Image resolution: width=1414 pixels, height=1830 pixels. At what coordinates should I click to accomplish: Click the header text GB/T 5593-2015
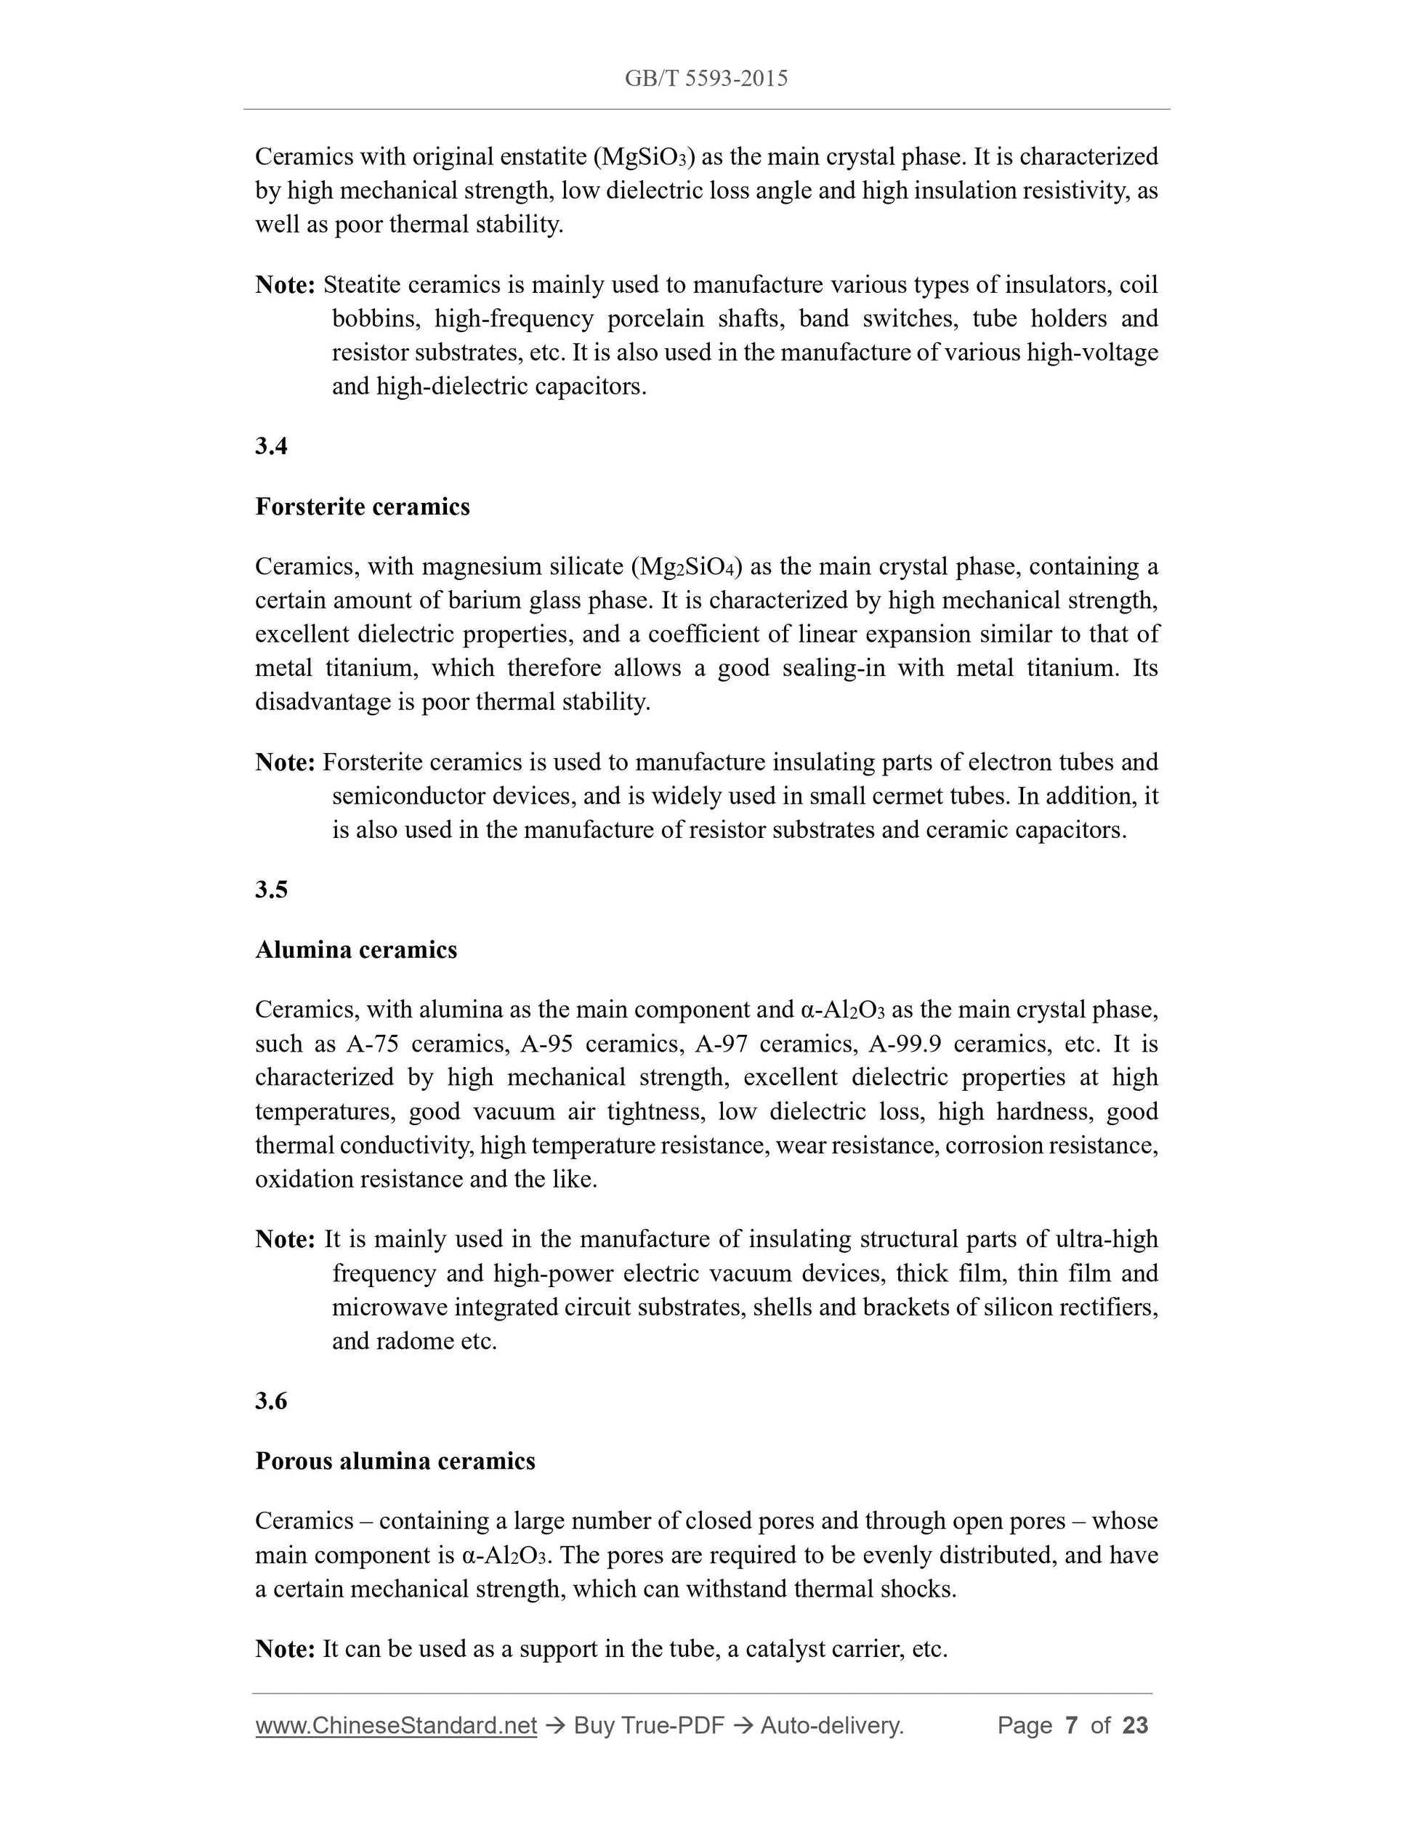(706, 78)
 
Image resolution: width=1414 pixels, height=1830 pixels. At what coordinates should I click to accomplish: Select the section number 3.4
(272, 447)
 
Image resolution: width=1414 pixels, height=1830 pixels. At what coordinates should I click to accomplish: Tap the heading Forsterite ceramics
(362, 507)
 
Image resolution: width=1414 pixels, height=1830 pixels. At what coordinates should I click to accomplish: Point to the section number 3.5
(272, 890)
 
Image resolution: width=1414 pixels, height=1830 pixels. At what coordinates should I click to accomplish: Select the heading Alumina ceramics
(356, 950)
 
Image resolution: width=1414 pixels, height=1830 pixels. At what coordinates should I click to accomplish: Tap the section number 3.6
(272, 1401)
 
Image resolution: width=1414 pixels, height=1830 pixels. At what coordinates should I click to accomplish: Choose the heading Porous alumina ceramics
(395, 1462)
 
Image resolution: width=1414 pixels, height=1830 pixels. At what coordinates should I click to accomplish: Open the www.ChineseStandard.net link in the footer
(395, 1725)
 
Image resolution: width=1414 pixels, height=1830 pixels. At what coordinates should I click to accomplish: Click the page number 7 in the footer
(1070, 1725)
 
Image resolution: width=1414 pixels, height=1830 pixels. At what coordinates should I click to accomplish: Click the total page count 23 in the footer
(1135, 1725)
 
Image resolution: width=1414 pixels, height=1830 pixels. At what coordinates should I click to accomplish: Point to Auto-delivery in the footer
(832, 1725)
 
